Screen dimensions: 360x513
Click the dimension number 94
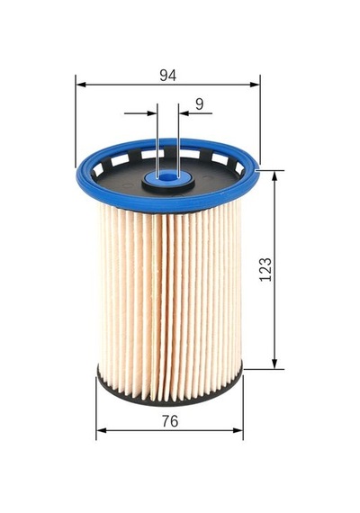click(x=168, y=76)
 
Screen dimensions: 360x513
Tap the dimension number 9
click(x=199, y=104)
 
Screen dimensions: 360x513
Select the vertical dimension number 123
click(x=265, y=270)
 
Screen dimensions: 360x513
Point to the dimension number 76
click(x=170, y=421)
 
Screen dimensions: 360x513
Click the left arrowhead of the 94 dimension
click(x=81, y=85)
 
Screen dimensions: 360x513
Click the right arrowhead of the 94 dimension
click(x=255, y=85)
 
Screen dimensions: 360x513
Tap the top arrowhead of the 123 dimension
click(x=274, y=175)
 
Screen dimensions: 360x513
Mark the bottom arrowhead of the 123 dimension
click(x=274, y=364)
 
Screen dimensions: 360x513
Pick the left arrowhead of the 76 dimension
click(x=102, y=430)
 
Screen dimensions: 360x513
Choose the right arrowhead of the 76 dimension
click(x=238, y=430)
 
